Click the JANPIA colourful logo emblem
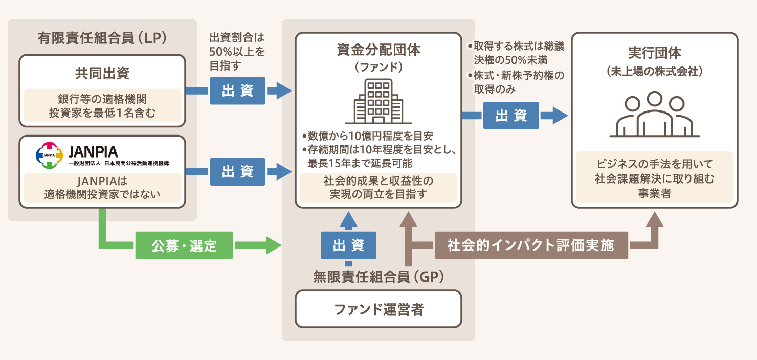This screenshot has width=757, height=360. click(49, 154)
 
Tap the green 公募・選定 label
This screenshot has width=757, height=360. click(184, 246)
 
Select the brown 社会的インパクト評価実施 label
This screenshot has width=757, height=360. click(531, 245)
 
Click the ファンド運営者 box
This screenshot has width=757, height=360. click(379, 309)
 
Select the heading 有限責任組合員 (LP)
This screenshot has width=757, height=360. click(102, 38)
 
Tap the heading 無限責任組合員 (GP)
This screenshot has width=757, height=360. click(379, 277)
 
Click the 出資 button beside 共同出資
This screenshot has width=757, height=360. click(237, 91)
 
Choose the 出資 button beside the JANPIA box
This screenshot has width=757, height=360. click(237, 172)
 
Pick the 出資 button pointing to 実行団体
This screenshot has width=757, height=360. click(511, 116)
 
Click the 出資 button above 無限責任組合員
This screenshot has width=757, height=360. click(348, 245)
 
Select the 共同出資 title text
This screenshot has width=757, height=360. click(102, 73)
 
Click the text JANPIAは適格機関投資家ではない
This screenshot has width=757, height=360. click(102, 188)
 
